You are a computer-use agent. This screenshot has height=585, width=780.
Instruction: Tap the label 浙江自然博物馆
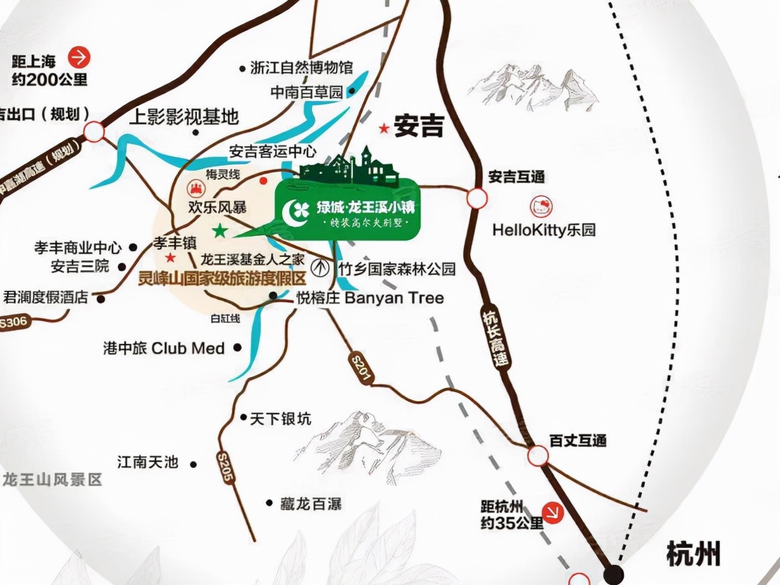click(301, 68)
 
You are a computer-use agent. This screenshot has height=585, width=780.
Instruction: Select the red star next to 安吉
click(385, 129)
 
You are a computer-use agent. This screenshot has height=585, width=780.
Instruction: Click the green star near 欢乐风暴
click(220, 231)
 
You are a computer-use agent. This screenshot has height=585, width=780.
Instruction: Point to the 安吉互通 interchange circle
click(476, 198)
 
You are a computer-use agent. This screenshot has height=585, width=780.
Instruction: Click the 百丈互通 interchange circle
click(538, 456)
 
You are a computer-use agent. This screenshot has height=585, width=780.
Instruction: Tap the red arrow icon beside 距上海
click(80, 58)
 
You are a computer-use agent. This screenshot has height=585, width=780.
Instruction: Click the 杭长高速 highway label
click(495, 338)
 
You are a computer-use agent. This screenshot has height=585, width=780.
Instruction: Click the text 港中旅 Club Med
click(164, 348)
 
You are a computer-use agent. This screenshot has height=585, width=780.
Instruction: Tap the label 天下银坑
click(281, 419)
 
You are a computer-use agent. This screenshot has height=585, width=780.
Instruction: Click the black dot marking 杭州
click(613, 573)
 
